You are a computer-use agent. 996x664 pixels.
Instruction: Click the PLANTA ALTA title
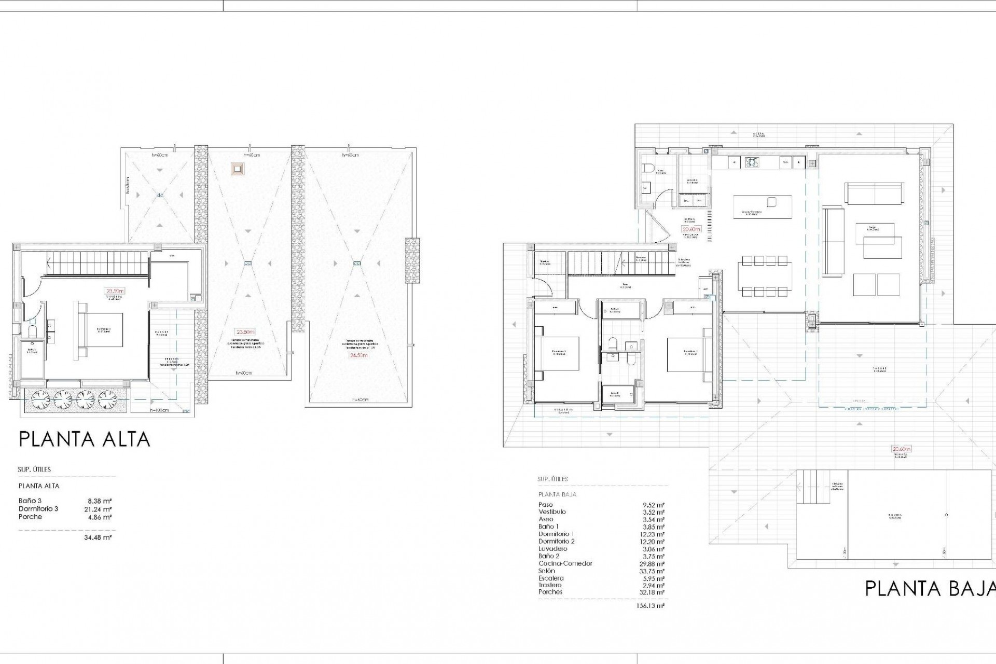click(x=85, y=439)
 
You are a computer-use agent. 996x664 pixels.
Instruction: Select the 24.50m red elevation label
click(x=358, y=355)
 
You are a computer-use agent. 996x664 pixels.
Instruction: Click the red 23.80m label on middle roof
click(x=245, y=332)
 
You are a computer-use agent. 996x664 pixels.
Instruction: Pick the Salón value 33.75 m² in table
click(x=654, y=571)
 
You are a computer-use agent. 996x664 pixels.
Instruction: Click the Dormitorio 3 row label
click(x=38, y=509)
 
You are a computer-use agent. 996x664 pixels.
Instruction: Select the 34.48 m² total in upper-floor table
click(x=98, y=537)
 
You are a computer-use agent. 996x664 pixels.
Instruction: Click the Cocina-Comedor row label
click(x=565, y=563)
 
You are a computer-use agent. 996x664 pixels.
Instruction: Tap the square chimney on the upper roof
click(x=238, y=168)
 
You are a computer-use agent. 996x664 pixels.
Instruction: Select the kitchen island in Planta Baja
click(x=763, y=207)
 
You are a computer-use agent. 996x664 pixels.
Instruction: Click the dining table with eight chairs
click(x=765, y=278)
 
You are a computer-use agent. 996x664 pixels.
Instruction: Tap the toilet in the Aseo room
click(x=648, y=168)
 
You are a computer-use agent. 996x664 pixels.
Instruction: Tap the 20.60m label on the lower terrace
click(x=901, y=449)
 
